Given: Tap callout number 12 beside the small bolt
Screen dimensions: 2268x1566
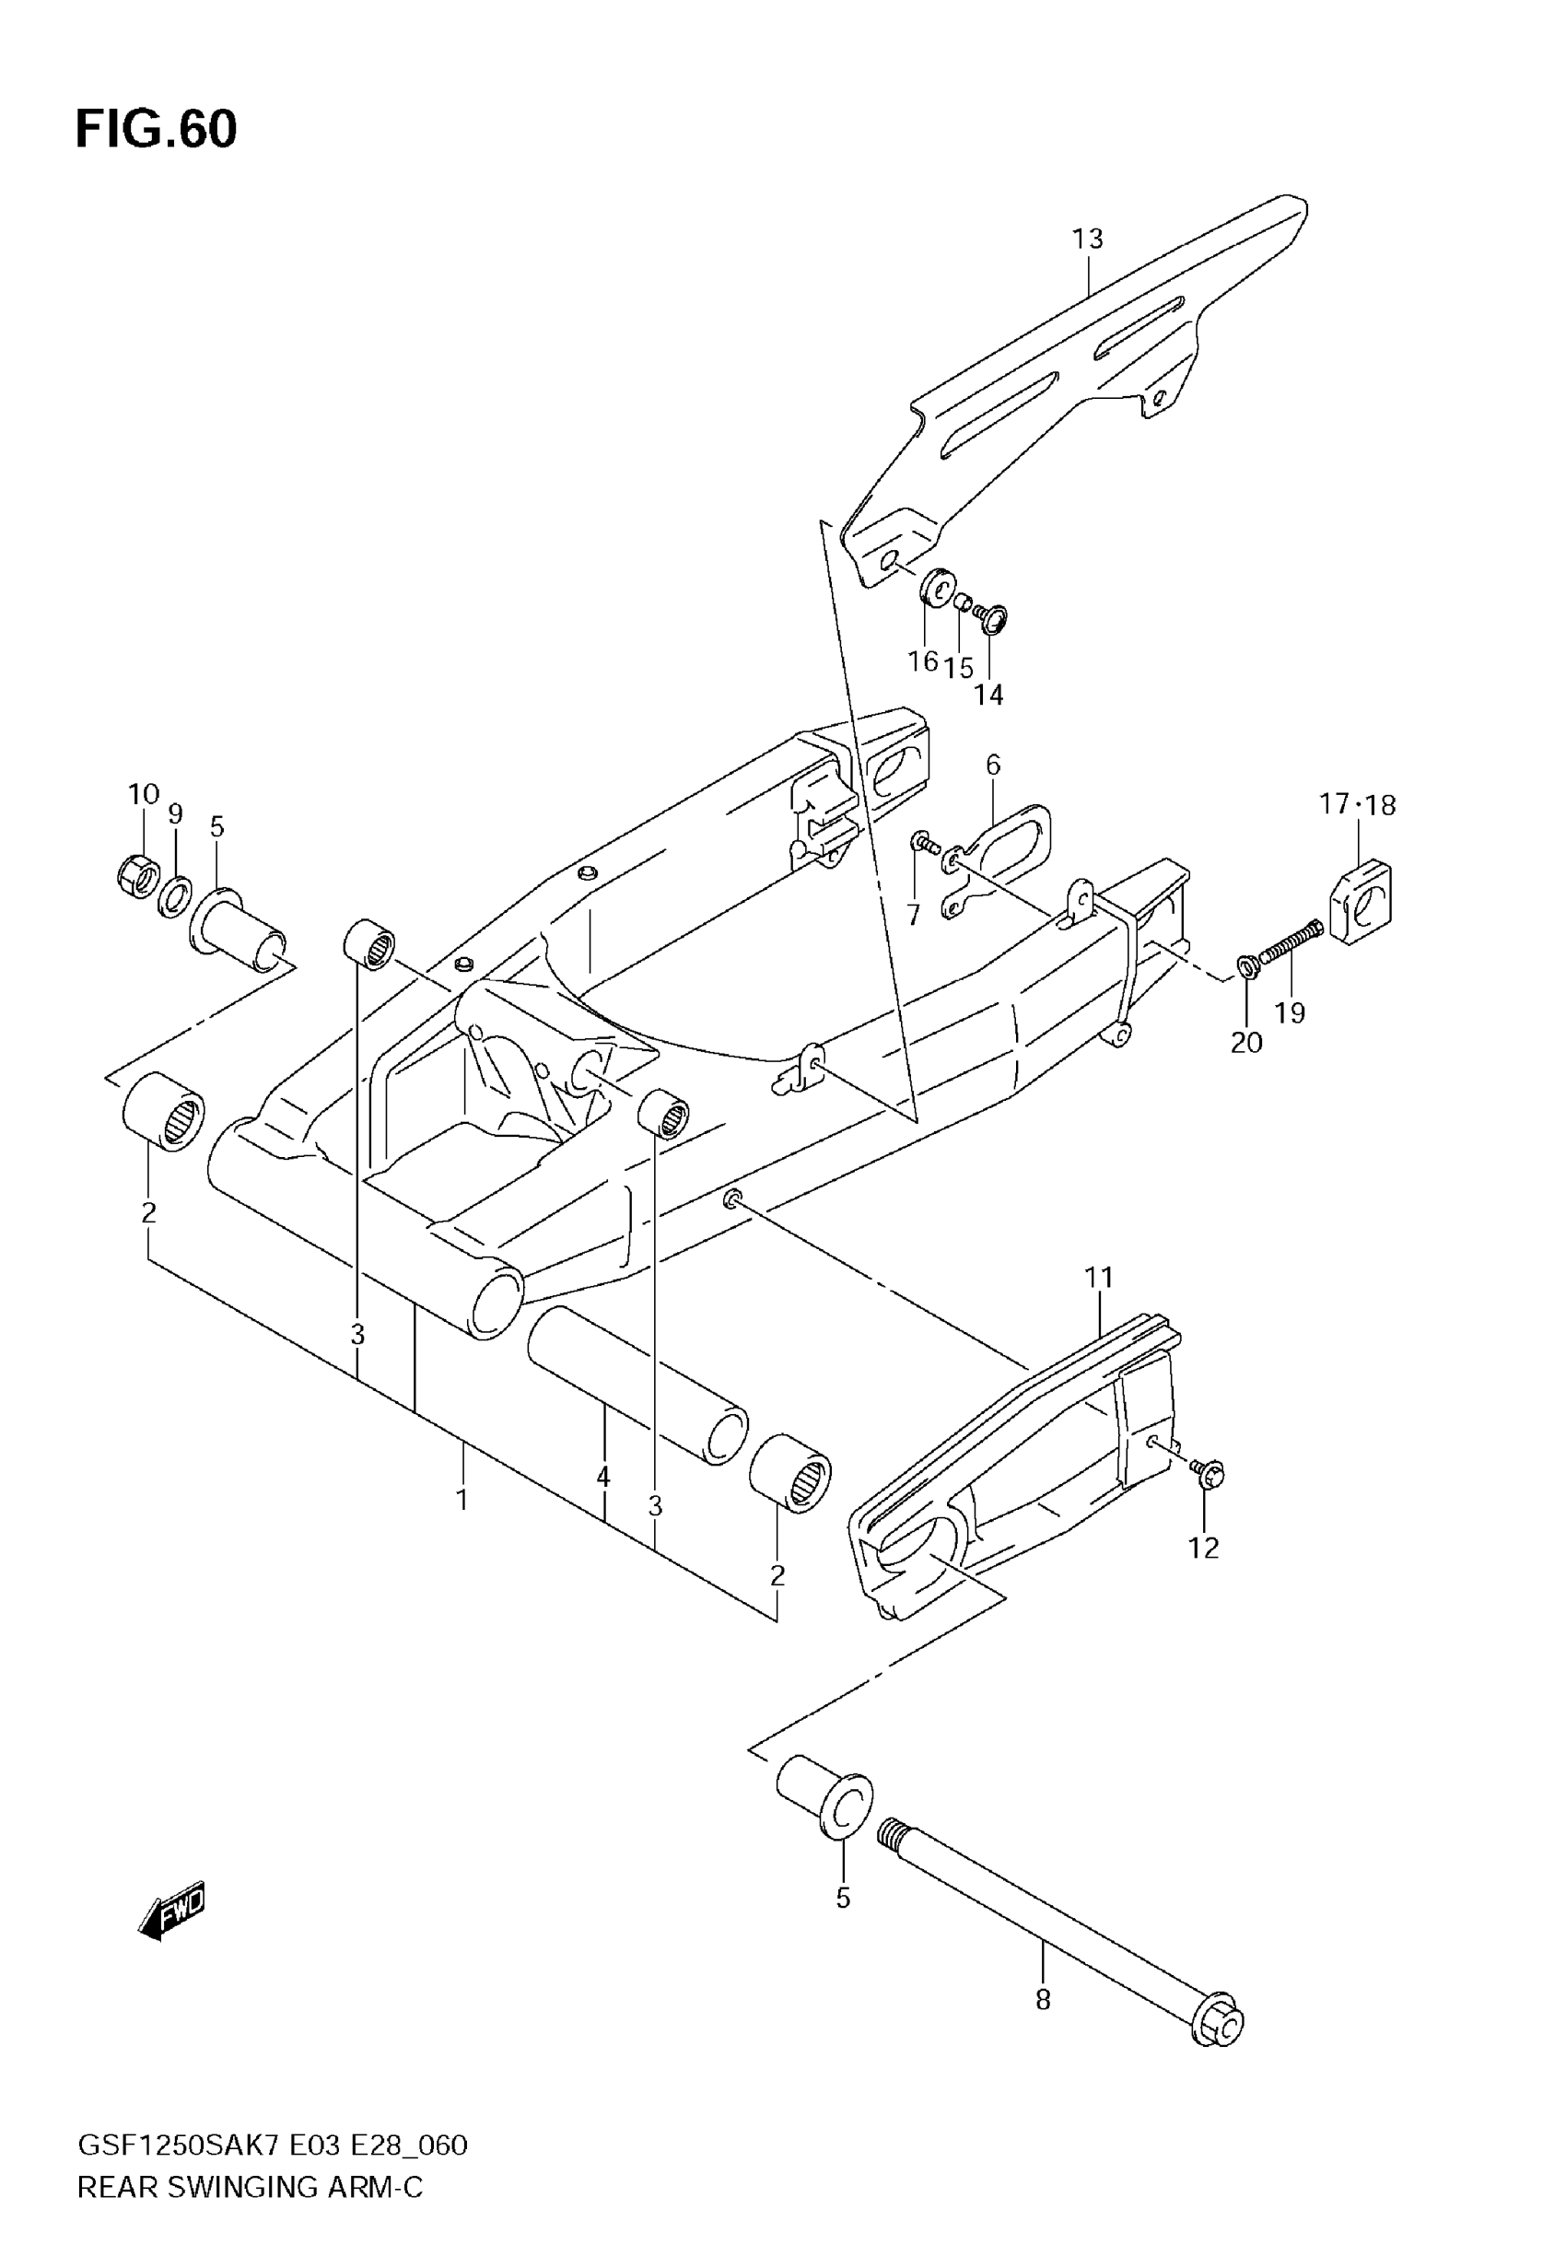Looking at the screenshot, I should tap(1203, 1547).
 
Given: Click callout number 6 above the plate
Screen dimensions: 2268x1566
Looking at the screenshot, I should tap(993, 765).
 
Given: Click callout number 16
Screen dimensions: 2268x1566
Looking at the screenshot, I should tap(922, 661).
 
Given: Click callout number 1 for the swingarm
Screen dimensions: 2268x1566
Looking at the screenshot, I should tap(462, 1499).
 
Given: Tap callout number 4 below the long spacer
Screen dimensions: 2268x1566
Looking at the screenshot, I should tap(602, 1477).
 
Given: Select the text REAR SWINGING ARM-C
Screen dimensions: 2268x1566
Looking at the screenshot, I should tap(250, 2187).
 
